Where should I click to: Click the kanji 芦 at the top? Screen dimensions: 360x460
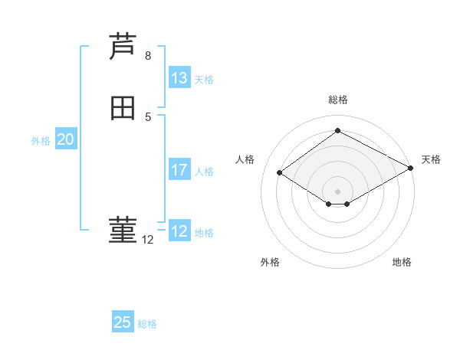point(123,47)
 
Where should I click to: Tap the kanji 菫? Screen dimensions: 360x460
point(123,231)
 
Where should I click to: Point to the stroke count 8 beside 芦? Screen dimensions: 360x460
point(147,56)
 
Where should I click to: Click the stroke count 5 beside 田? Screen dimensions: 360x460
point(147,117)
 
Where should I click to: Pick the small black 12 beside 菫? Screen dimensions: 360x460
point(147,240)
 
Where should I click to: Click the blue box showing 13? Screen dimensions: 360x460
point(179,78)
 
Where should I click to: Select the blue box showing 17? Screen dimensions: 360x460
point(179,170)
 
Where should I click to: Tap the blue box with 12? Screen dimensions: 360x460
point(179,231)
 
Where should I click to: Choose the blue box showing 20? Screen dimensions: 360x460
point(66,139)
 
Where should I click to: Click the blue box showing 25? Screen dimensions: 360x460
point(123,322)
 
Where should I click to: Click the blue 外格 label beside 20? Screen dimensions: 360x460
point(41,141)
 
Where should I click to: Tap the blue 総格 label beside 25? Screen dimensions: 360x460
point(147,324)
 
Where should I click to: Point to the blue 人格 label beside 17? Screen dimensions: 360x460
point(204,172)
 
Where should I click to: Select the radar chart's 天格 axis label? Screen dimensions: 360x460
point(431,159)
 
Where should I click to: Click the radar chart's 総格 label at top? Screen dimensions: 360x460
point(338,100)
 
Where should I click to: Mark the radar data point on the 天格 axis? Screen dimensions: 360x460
point(412,169)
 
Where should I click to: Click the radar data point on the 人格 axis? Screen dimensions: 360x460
point(280,173)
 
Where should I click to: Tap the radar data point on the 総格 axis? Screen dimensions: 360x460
point(338,130)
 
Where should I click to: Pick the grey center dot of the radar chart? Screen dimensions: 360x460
point(338,191)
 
